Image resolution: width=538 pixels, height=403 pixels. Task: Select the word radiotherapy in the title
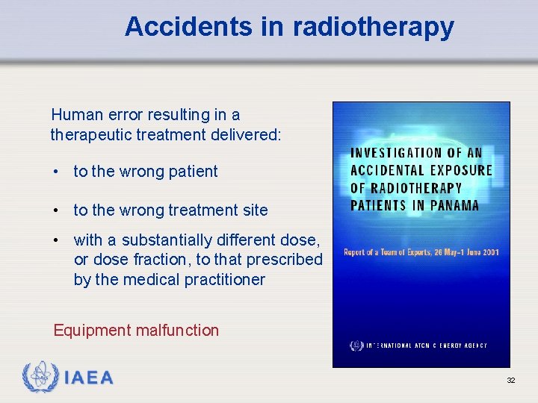(374, 27)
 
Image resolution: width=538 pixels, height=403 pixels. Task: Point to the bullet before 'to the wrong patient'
(57, 172)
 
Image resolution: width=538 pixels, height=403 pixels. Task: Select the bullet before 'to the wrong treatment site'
(57, 210)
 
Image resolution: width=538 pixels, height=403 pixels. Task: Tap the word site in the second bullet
(254, 210)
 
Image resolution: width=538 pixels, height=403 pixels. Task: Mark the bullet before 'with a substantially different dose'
(57, 240)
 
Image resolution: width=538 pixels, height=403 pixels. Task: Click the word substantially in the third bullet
(169, 240)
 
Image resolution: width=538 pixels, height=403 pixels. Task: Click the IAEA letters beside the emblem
(89, 378)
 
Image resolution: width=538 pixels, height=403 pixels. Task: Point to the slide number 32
(511, 381)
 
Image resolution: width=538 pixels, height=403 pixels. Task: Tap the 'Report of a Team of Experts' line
(421, 252)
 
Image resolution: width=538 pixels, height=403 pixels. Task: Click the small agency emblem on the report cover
(356, 346)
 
